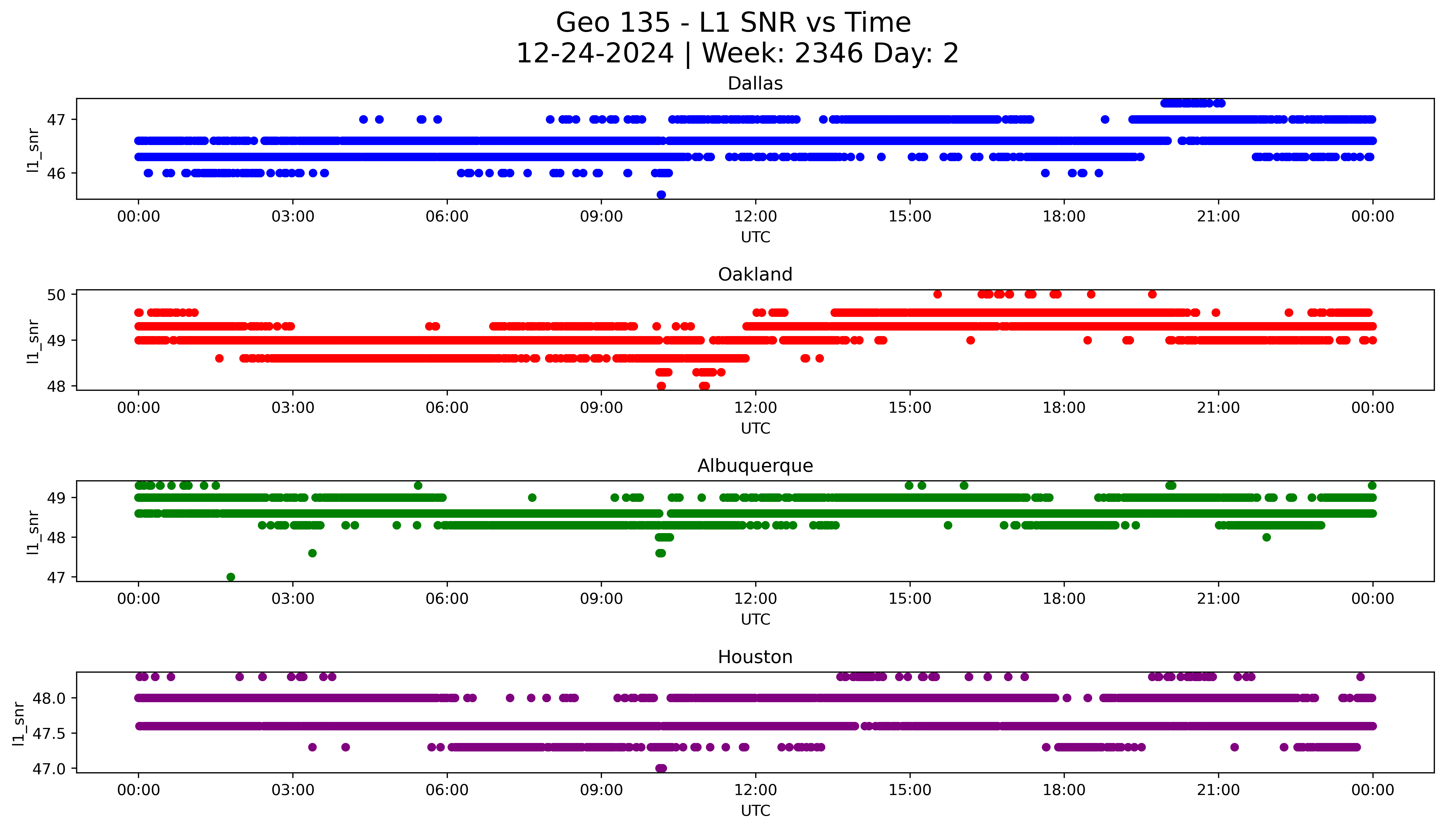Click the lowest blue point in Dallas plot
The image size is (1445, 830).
[661, 195]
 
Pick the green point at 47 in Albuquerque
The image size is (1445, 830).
[230, 577]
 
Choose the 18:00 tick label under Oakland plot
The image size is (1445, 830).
[1064, 407]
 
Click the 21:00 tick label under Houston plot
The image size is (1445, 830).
[1218, 790]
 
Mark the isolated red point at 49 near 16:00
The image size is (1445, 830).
[970, 340]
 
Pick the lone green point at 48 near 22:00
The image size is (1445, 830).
[1266, 537]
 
